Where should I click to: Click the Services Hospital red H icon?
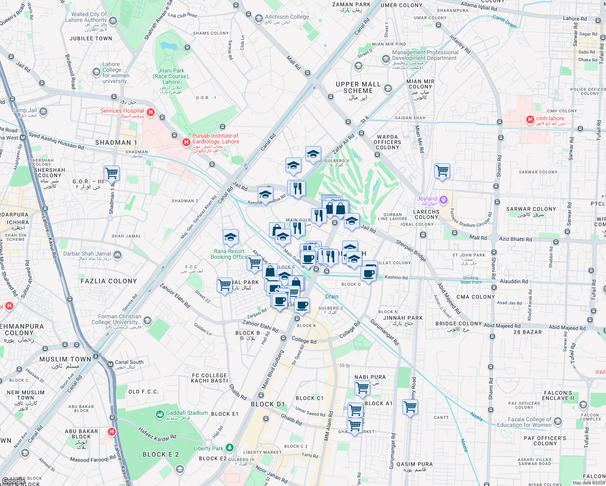(x=150, y=112)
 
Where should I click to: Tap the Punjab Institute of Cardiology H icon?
(x=186, y=142)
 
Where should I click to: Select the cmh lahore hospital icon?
(x=530, y=119)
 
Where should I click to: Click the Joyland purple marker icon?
(x=444, y=199)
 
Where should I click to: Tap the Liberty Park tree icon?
(x=230, y=448)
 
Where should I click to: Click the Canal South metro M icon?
(x=110, y=364)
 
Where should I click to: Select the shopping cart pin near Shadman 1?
(x=111, y=173)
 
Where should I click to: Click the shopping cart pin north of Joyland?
(x=442, y=171)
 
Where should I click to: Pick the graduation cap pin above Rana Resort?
(x=230, y=237)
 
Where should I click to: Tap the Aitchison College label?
(x=287, y=17)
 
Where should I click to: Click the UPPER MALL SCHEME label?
(x=358, y=87)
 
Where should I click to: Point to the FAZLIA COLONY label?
(x=109, y=281)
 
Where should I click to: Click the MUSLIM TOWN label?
(x=65, y=359)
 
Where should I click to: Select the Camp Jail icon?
(x=44, y=111)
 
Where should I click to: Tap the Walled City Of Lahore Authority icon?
(x=113, y=20)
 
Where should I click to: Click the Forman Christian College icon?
(x=147, y=321)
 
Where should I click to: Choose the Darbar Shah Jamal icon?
(x=117, y=255)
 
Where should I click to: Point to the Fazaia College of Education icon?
(x=558, y=422)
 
